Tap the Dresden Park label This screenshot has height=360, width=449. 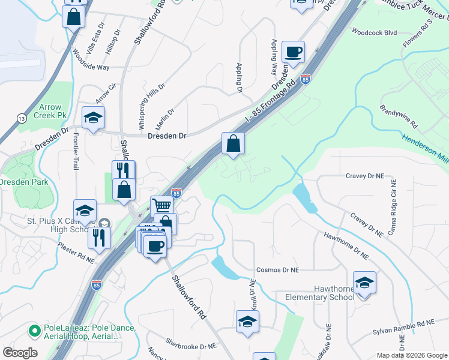[17, 181]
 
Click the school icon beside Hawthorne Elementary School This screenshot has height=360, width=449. [364, 283]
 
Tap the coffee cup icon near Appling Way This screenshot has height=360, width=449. [293, 52]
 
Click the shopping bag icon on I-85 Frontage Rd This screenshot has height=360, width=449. [234, 144]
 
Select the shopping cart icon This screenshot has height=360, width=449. [162, 206]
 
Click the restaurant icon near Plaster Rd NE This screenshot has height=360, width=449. [99, 236]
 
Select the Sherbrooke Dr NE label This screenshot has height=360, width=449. [190, 346]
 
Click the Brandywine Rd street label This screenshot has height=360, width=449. [398, 116]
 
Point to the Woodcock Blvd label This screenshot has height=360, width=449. [375, 32]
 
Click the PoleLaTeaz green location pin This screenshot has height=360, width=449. [34, 329]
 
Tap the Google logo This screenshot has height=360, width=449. [20, 352]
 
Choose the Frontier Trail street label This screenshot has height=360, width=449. [76, 151]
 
